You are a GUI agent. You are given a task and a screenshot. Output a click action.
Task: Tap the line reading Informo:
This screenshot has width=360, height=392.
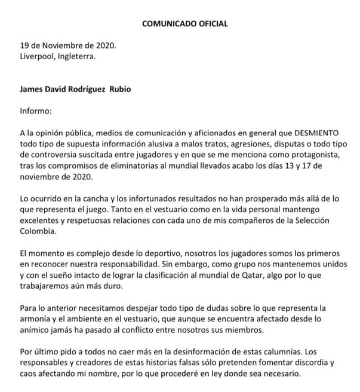pyautogui.click(x=36, y=111)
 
